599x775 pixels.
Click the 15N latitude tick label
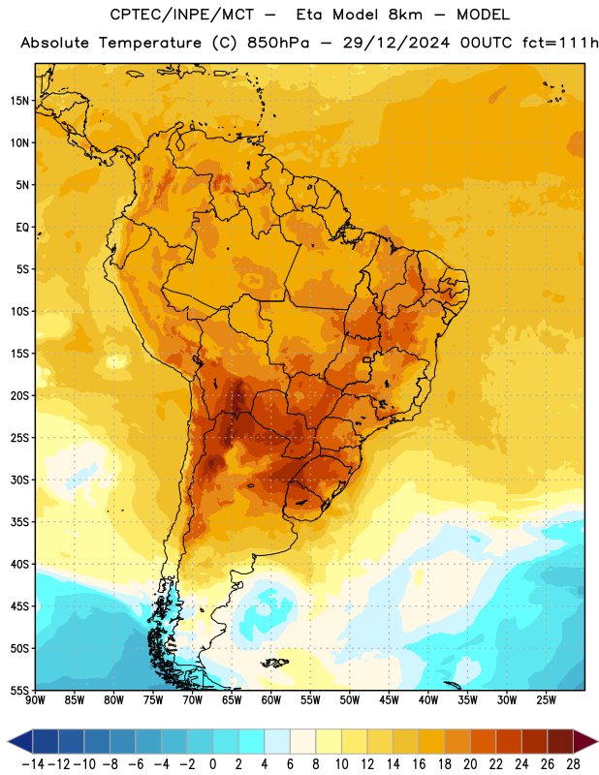tap(19, 101)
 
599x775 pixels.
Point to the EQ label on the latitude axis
tap(22, 228)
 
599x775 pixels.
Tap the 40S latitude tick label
tap(19, 564)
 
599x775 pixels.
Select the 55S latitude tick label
tap(19, 690)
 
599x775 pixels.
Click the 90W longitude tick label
tap(35, 700)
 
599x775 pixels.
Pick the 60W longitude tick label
tap(271, 700)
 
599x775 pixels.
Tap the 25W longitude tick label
tap(546, 700)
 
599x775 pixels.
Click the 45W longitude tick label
tap(389, 700)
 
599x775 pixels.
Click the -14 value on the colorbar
tap(33, 764)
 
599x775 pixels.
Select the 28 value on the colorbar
tap(573, 764)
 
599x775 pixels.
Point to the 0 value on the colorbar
tap(212, 764)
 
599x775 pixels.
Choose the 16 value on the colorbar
tap(419, 764)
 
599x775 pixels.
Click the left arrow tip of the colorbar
tap(8, 741)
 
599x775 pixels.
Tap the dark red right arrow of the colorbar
tap(585, 741)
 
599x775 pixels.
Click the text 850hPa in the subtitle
tap(278, 43)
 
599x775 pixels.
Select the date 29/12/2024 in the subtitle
tap(396, 43)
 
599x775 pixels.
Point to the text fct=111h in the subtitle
tap(560, 43)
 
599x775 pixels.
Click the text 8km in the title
tap(405, 15)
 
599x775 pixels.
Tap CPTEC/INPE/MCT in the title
tap(182, 15)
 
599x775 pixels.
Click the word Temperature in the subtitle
tap(150, 44)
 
